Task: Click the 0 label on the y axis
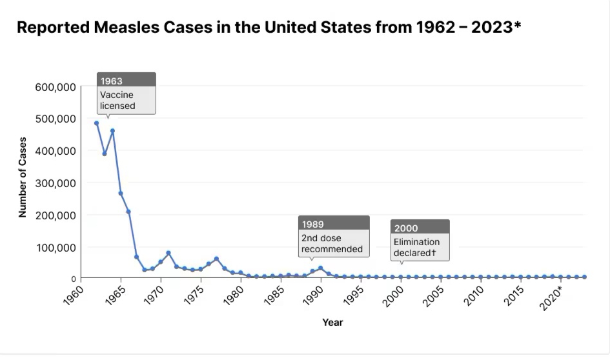point(73,278)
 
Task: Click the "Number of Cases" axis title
point(23,177)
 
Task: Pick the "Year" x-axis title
point(332,322)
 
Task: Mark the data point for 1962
point(96,123)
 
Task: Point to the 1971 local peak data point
point(168,253)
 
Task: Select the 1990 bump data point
point(320,268)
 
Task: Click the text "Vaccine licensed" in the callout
point(118,100)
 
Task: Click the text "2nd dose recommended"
point(332,243)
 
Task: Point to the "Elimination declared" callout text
point(417,247)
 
